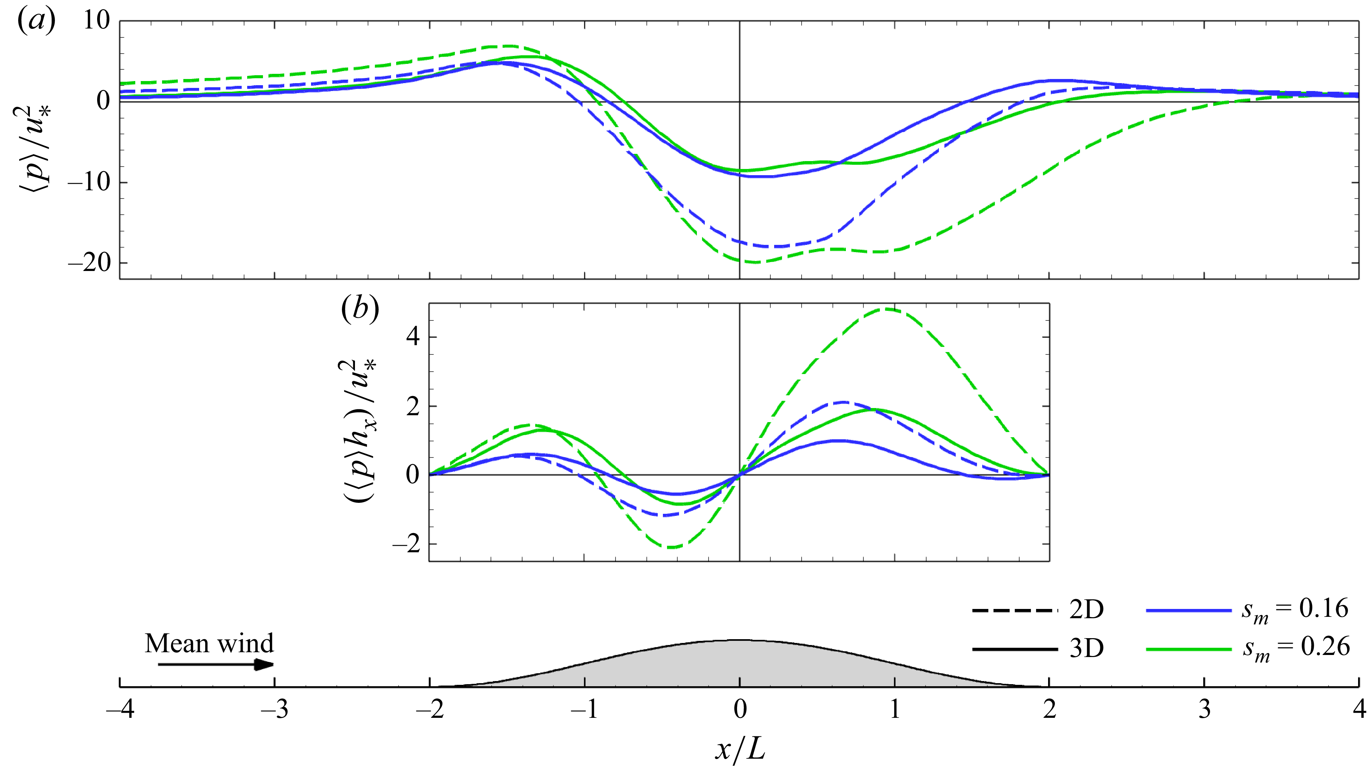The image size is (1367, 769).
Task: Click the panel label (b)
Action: (x=360, y=308)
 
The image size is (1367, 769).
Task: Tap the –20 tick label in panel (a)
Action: (x=89, y=262)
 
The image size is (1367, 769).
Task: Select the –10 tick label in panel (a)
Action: (x=89, y=182)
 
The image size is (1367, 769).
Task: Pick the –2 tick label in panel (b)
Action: (x=406, y=544)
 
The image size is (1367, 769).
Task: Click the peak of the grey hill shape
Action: (x=740, y=641)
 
